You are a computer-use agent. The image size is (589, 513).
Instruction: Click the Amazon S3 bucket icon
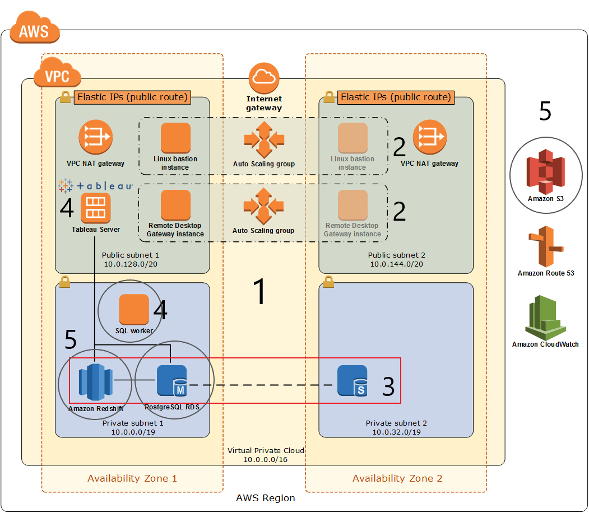pos(545,171)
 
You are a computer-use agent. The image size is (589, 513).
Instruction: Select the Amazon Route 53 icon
pos(546,246)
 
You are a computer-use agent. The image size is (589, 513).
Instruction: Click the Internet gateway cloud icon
pos(264,78)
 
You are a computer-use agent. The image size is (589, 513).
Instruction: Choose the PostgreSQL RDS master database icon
pos(171,380)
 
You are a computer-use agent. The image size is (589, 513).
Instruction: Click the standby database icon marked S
pos(353,380)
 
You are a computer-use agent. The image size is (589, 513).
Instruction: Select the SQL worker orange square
pos(134,309)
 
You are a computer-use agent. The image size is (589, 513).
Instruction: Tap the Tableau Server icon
pos(96,208)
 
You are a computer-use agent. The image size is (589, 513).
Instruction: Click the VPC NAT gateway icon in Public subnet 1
pos(96,137)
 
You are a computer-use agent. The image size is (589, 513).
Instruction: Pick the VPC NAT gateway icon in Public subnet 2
pos(430,137)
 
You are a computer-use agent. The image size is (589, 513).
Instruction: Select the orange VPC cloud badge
pos(58,72)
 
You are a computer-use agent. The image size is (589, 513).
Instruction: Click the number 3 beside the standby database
pos(388,386)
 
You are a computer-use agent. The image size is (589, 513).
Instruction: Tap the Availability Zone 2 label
pos(397,478)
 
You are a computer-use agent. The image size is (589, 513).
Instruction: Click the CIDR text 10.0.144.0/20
pos(397,264)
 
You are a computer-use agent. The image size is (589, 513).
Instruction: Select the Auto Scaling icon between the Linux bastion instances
pos(264,139)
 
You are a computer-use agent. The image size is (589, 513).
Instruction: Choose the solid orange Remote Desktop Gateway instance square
pos(176,205)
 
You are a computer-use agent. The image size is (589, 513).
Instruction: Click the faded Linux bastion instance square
pos(353,138)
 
